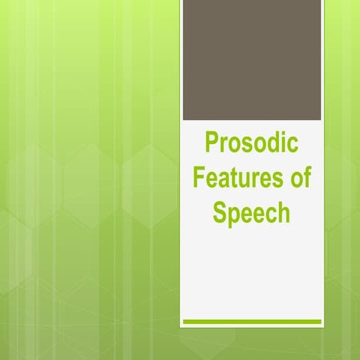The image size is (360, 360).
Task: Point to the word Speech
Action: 251,213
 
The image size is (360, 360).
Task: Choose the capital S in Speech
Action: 219,213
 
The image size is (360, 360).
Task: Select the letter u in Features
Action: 247,181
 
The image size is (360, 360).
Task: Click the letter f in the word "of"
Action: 307,178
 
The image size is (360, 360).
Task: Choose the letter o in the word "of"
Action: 295,181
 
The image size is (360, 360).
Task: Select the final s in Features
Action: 277,181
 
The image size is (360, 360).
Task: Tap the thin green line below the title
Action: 252,322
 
